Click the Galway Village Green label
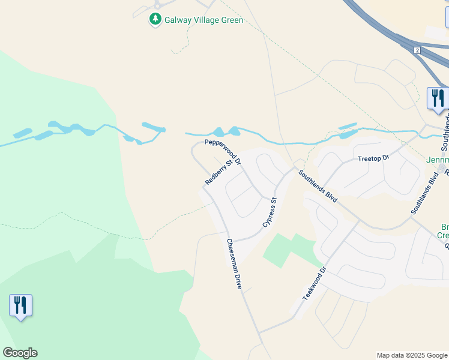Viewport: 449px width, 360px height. (x=204, y=20)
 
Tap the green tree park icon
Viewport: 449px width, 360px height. (x=155, y=20)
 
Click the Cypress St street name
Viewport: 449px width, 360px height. (x=270, y=212)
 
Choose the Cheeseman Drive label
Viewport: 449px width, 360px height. (x=234, y=264)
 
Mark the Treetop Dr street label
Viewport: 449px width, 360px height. (x=373, y=158)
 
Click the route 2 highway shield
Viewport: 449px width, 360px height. (x=417, y=50)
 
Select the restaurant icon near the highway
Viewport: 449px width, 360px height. (x=437, y=98)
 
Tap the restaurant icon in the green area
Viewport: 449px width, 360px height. (x=20, y=305)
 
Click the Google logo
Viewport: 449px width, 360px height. (x=20, y=353)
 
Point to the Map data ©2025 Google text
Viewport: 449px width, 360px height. (x=412, y=355)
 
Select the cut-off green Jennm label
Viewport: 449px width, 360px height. (x=437, y=160)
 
